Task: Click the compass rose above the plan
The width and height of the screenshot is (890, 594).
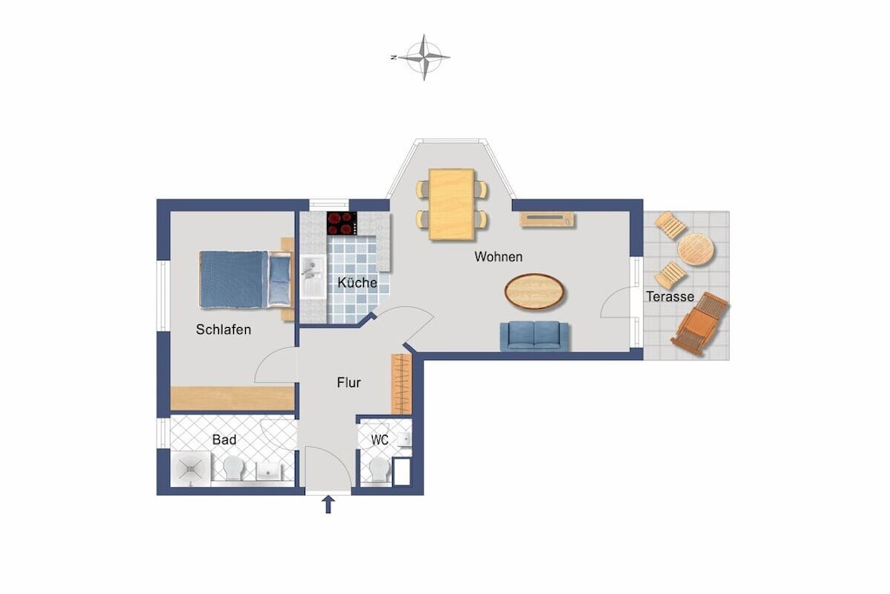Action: (x=423, y=57)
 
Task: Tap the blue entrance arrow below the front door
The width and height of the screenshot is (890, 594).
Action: (x=328, y=504)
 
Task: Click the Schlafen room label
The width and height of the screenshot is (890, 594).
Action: (x=223, y=330)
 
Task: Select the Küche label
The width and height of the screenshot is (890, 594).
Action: (x=357, y=283)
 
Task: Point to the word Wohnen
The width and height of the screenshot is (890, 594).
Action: (x=498, y=257)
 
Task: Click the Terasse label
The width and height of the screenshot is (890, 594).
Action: (x=670, y=297)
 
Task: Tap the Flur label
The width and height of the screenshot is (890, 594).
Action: (x=349, y=383)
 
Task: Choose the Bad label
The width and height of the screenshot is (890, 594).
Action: (x=224, y=439)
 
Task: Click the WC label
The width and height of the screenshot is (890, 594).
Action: (x=380, y=439)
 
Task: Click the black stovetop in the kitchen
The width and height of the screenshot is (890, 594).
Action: (x=342, y=224)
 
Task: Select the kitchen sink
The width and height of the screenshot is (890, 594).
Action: (x=313, y=277)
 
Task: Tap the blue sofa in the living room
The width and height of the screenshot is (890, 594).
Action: (x=535, y=336)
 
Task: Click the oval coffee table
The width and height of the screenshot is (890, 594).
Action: (x=535, y=292)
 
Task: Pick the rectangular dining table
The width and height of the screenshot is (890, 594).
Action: (x=452, y=204)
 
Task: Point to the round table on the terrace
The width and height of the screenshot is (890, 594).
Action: (x=696, y=250)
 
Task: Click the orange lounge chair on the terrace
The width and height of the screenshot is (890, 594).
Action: (x=700, y=324)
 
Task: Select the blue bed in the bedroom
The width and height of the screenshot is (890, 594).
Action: (x=245, y=280)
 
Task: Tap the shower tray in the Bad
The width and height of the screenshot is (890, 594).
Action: (x=190, y=469)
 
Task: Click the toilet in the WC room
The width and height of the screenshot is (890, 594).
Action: (x=379, y=470)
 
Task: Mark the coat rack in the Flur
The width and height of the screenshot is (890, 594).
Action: (x=401, y=384)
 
